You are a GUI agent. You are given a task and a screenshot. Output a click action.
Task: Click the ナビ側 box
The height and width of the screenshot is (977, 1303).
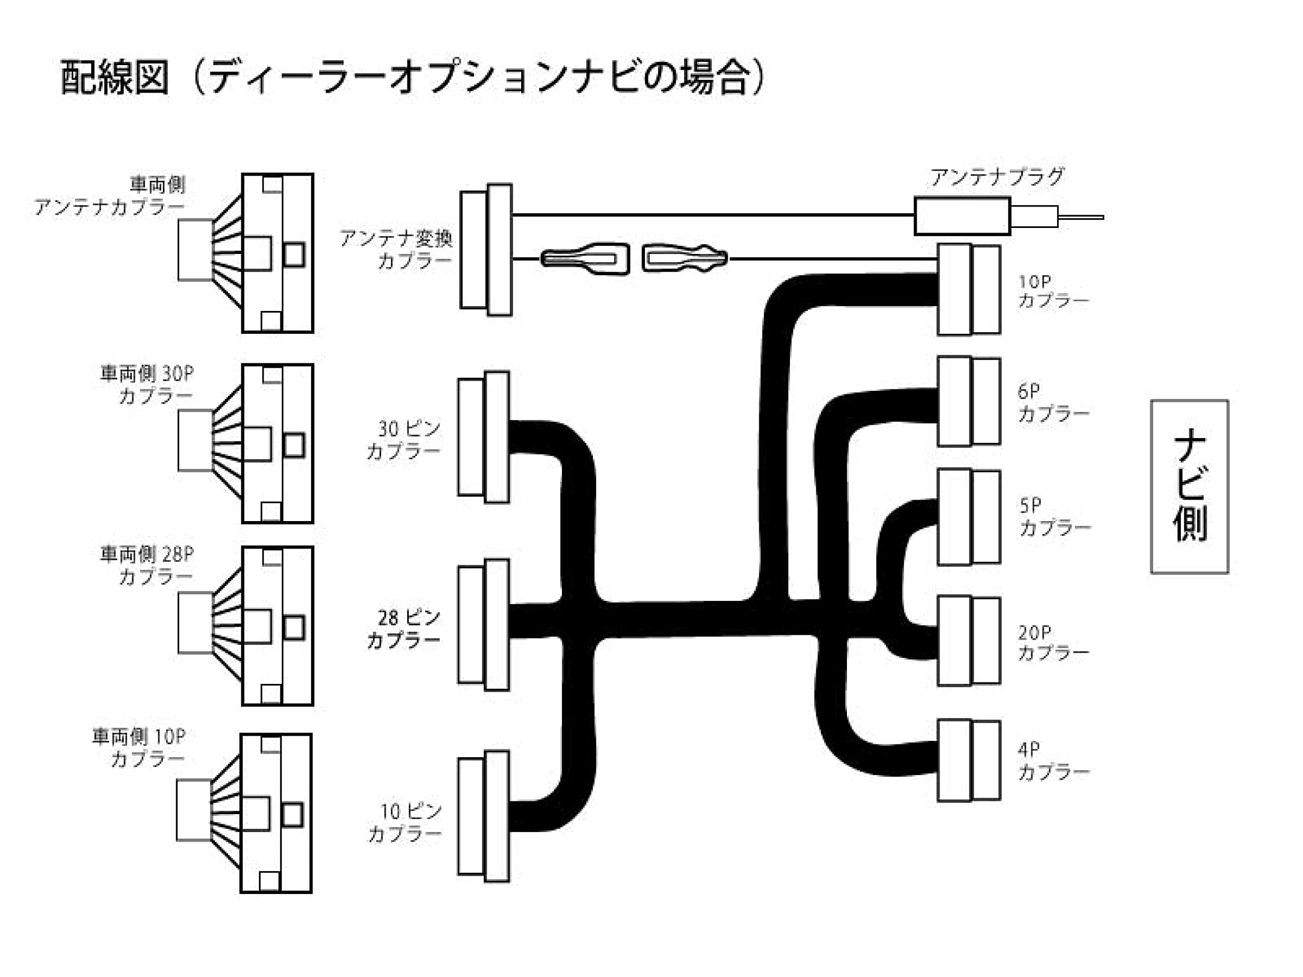coord(1189,486)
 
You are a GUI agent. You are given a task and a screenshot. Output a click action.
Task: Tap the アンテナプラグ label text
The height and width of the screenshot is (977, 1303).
coord(997,177)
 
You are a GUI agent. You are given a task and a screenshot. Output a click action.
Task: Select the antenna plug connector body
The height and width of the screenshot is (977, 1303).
coord(962,216)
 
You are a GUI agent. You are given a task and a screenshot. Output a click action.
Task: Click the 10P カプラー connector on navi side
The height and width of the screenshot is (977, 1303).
coord(969,290)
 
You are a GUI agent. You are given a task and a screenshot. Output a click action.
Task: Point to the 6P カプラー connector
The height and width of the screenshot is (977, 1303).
coord(969,401)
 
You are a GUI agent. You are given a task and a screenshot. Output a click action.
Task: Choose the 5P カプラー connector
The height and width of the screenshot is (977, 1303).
coord(969,516)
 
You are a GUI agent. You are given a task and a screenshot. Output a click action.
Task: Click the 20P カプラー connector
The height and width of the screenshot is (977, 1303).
coord(969,641)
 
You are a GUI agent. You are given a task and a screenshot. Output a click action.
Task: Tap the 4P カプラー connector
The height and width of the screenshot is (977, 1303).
coord(969,760)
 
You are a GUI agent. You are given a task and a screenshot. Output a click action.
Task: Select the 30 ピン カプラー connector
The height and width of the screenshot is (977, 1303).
coord(484,437)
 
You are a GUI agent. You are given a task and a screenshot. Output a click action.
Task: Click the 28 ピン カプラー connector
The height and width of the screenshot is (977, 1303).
coord(484,625)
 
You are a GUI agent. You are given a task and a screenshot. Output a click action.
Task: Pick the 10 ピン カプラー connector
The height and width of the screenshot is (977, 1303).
coord(484,816)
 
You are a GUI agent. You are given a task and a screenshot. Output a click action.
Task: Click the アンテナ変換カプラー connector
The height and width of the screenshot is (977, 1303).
coord(486,250)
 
